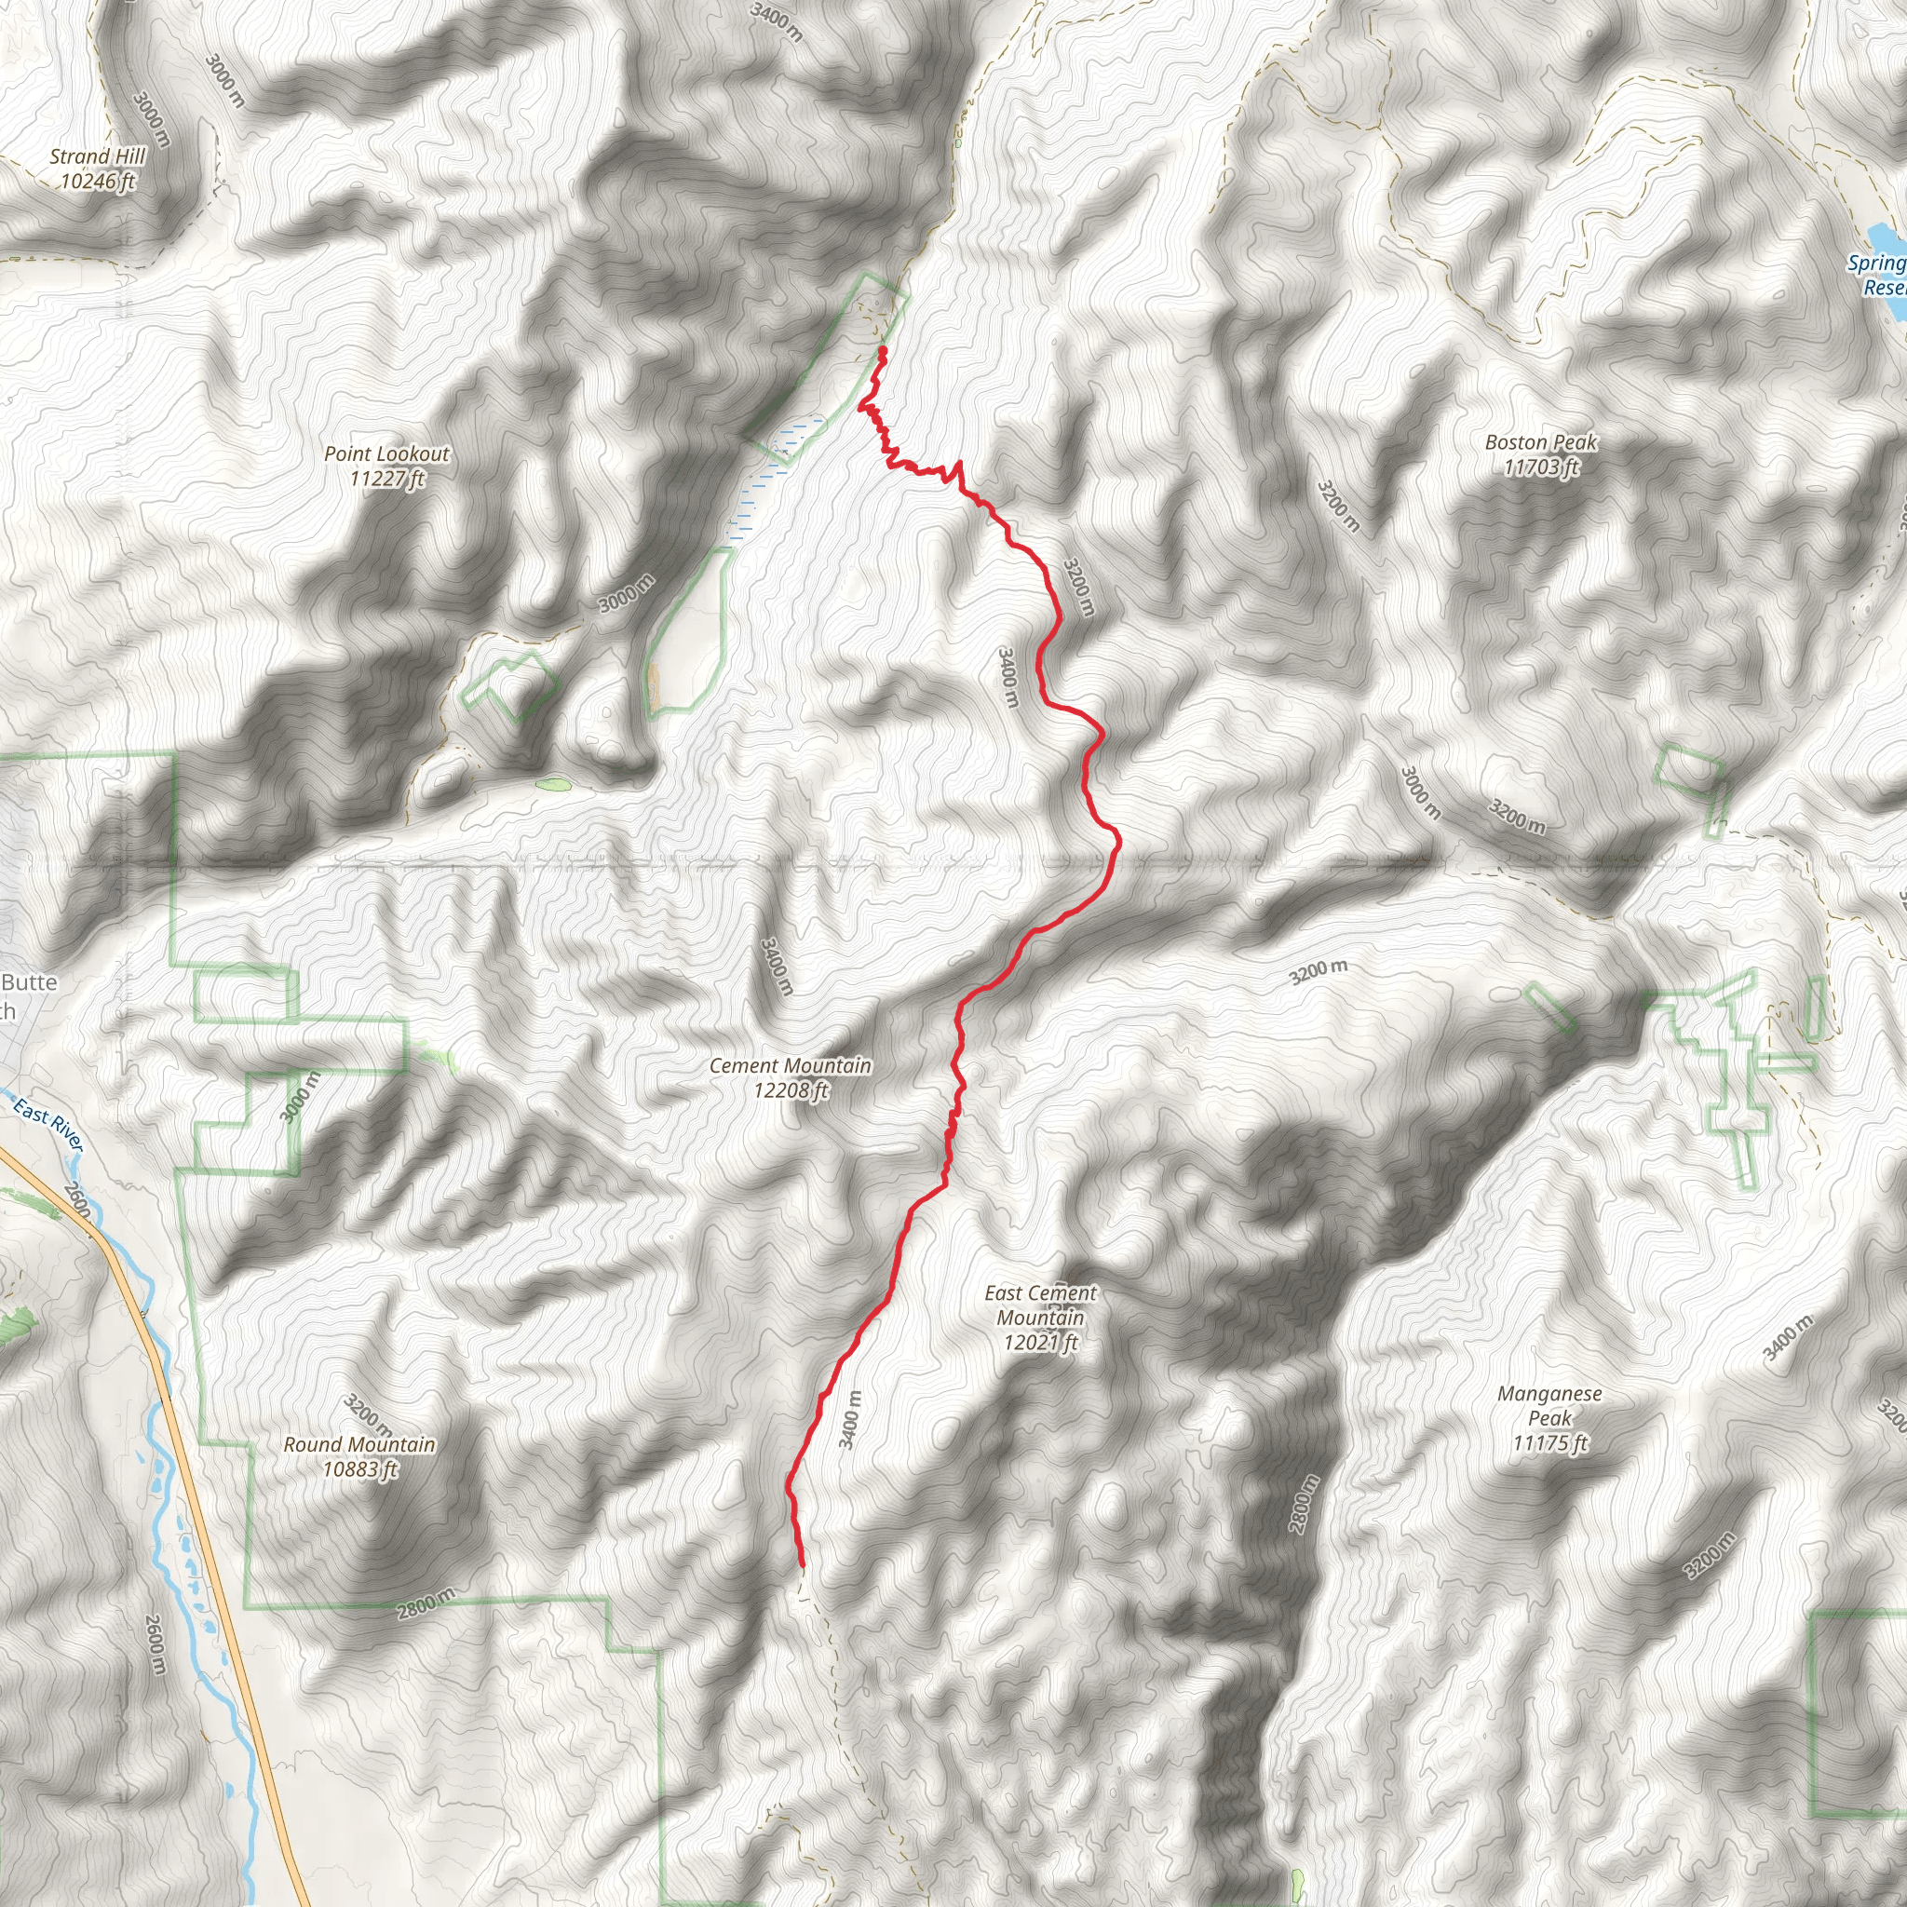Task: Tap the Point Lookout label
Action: point(387,454)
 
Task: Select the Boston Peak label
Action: point(1541,442)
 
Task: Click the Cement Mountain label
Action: point(790,1066)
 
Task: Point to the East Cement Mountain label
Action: point(1040,1305)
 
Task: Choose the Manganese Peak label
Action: point(1549,1405)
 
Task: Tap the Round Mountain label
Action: point(359,1444)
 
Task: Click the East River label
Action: point(48,1125)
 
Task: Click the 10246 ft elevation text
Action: point(97,182)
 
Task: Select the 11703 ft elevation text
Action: point(1541,467)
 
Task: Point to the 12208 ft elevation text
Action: point(790,1090)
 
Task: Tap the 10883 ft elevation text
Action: point(359,1468)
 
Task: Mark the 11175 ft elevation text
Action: point(1549,1443)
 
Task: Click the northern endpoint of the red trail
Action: point(882,350)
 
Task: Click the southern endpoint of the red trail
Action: point(802,1564)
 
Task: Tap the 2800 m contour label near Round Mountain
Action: point(426,1604)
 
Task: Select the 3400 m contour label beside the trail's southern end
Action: point(850,1419)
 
